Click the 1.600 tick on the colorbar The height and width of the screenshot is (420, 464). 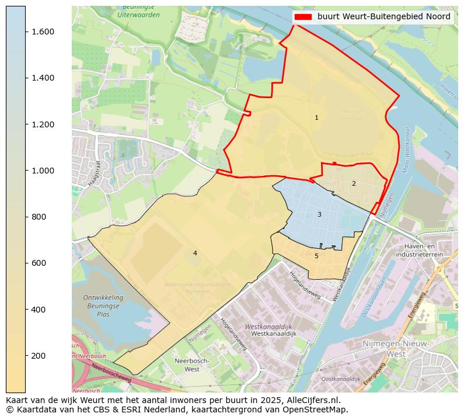pyautogui.click(x=26, y=32)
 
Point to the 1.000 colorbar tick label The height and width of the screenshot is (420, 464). pyautogui.click(x=43, y=171)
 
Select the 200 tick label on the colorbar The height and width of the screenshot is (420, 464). pyautogui.click(x=39, y=356)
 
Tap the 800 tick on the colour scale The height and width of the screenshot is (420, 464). pyautogui.click(x=26, y=217)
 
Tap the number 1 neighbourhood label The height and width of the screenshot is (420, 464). pyautogui.click(x=316, y=118)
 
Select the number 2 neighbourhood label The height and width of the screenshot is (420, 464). pyautogui.click(x=353, y=183)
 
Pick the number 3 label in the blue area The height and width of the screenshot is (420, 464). pyautogui.click(x=319, y=215)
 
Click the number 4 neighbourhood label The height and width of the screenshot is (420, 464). pyautogui.click(x=195, y=253)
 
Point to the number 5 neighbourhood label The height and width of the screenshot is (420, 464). pyautogui.click(x=316, y=256)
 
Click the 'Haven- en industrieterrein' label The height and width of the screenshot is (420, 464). pyautogui.click(x=419, y=251)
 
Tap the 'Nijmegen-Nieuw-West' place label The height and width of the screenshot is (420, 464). pyautogui.click(x=396, y=349)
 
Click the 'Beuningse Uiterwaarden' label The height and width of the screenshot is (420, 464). pyautogui.click(x=138, y=11)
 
